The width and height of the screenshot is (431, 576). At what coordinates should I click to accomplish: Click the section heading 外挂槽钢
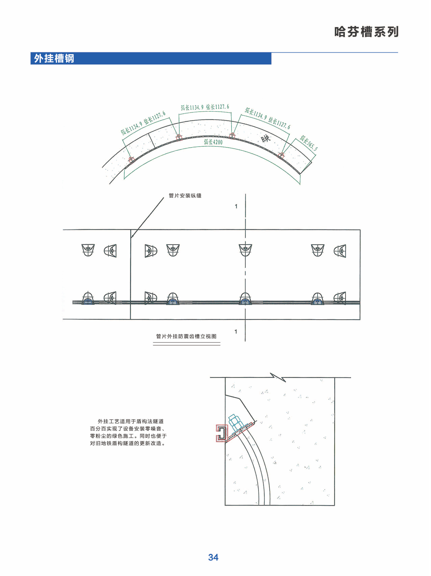54,58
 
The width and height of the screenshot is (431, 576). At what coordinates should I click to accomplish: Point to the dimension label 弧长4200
213,142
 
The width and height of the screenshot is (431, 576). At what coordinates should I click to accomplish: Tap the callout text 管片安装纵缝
185,195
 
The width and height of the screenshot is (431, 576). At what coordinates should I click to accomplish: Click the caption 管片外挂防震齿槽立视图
186,336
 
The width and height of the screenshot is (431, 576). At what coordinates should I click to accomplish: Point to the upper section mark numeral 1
236,206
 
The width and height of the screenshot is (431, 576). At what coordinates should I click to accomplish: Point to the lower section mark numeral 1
236,331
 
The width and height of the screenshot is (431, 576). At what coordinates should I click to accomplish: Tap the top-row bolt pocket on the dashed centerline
245,250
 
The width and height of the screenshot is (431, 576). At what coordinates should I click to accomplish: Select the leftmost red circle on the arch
132,160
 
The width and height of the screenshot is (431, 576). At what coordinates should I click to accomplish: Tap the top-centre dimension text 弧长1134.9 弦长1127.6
205,107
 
